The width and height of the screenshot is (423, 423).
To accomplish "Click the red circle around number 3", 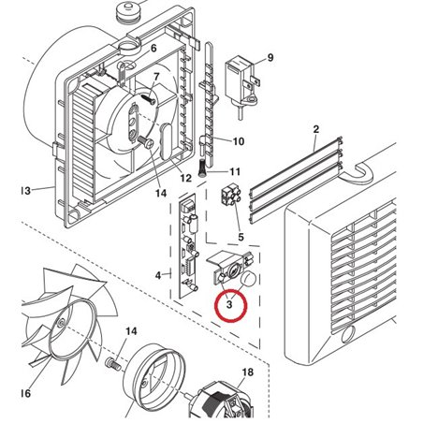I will pyautogui.click(x=229, y=305).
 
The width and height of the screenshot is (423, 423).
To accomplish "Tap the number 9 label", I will pyautogui.click(x=270, y=58).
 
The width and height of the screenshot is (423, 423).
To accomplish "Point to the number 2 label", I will pyautogui.click(x=316, y=128).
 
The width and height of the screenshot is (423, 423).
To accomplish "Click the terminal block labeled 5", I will pyautogui.click(x=227, y=197).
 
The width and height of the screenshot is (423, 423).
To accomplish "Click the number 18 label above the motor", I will pyautogui.click(x=248, y=372).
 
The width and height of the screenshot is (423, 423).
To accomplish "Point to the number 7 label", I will pyautogui.click(x=156, y=75).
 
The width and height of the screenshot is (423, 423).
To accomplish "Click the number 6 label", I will pyautogui.click(x=153, y=48).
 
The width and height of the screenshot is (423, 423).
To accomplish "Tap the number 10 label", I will pyautogui.click(x=238, y=141).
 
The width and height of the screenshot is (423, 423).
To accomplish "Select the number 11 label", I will pyautogui.click(x=235, y=172).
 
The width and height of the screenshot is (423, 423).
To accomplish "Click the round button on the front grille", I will pyautogui.click(x=348, y=338).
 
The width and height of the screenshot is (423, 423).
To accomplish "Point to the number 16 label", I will pyautogui.click(x=24, y=394).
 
